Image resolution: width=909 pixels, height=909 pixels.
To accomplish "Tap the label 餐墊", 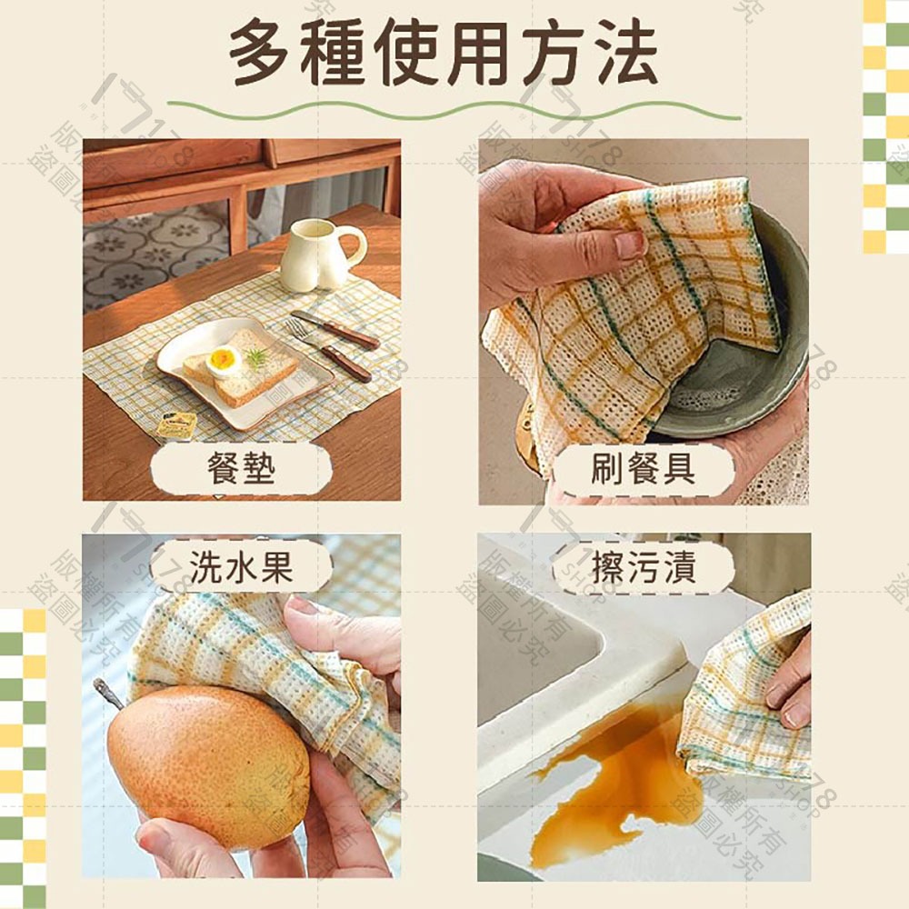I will [x=242, y=470].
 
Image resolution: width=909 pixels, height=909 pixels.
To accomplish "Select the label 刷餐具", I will [x=643, y=470].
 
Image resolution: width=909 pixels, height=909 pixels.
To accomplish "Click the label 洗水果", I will [x=242, y=568].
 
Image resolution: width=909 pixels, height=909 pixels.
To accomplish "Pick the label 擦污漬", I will [x=643, y=568].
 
